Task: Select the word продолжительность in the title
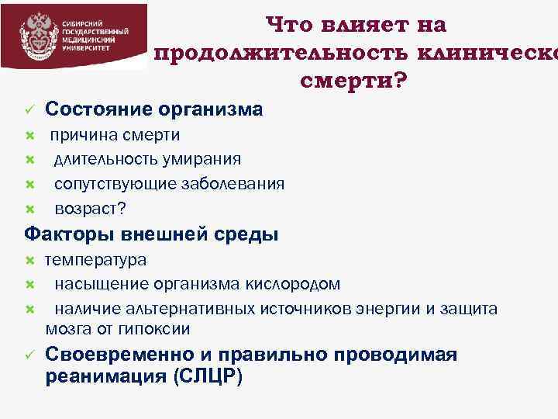[282, 53]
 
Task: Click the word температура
[95, 260]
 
